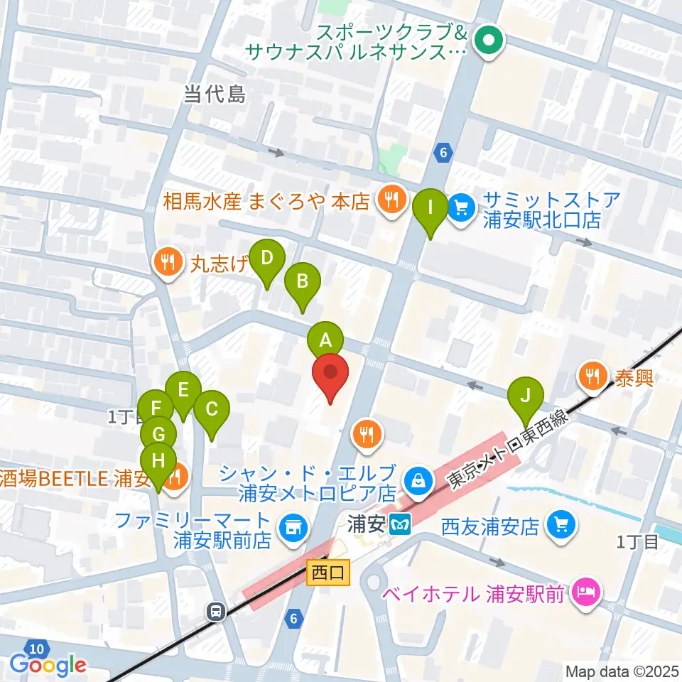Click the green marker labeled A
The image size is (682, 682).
click(325, 340)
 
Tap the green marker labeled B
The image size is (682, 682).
click(302, 281)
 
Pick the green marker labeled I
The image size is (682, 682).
click(431, 208)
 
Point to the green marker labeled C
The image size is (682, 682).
click(211, 410)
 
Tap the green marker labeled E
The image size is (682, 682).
click(183, 391)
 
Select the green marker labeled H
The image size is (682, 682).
click(158, 461)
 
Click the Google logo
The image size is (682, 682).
click(48, 665)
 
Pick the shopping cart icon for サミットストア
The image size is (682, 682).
click(462, 208)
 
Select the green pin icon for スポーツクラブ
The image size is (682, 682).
click(489, 41)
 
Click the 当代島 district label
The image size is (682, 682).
click(215, 94)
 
